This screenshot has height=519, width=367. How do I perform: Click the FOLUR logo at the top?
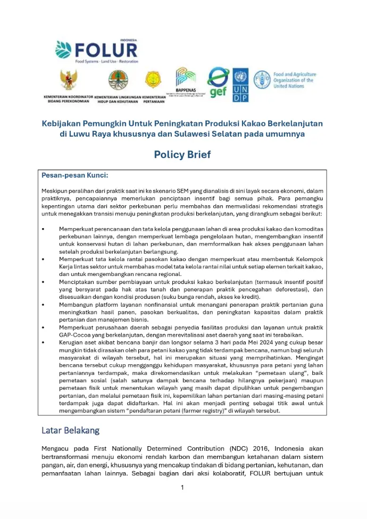(x=96, y=50)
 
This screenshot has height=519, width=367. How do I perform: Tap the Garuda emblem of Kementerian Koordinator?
(x=68, y=80)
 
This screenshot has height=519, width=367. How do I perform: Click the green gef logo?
(x=218, y=83)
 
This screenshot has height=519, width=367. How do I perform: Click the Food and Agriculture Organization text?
(x=294, y=80)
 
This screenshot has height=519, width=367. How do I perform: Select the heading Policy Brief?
(x=182, y=155)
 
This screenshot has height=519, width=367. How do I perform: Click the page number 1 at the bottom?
(x=182, y=488)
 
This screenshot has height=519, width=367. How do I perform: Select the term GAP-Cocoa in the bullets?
(x=63, y=336)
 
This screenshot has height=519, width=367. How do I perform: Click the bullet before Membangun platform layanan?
(x=43, y=305)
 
